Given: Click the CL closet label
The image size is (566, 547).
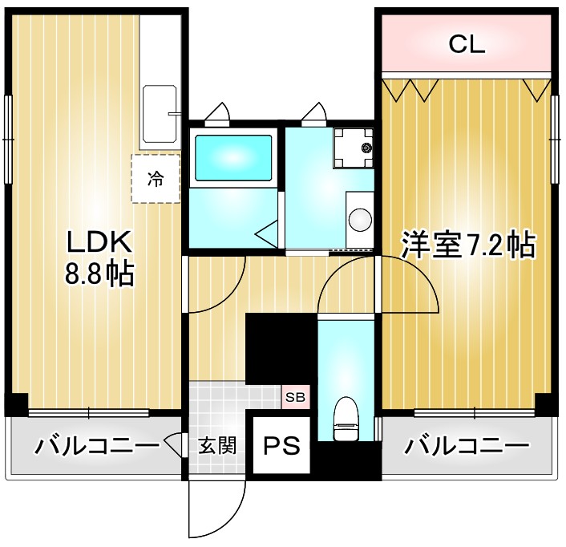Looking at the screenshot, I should [466, 45].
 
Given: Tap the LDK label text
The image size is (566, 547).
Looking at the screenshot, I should [98, 242].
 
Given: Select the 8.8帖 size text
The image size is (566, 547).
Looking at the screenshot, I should [99, 275].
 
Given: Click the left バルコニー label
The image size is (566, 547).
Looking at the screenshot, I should [95, 445].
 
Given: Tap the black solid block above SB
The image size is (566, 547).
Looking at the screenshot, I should [281, 349].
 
